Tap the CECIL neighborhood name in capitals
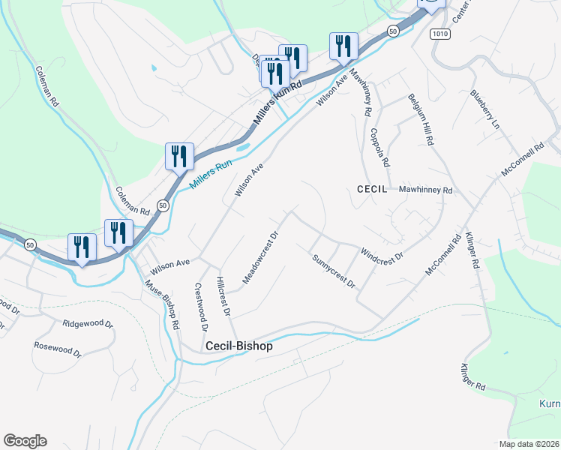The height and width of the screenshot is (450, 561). click(x=372, y=190)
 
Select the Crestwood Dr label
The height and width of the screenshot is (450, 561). click(x=200, y=306)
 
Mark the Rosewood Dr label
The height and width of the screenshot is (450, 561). click(x=57, y=349)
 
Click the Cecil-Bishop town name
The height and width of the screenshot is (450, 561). click(x=239, y=347)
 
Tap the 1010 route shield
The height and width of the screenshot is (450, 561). click(x=439, y=34)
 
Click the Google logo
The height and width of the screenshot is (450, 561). click(x=25, y=441)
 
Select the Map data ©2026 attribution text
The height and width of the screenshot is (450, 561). click(x=529, y=444)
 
